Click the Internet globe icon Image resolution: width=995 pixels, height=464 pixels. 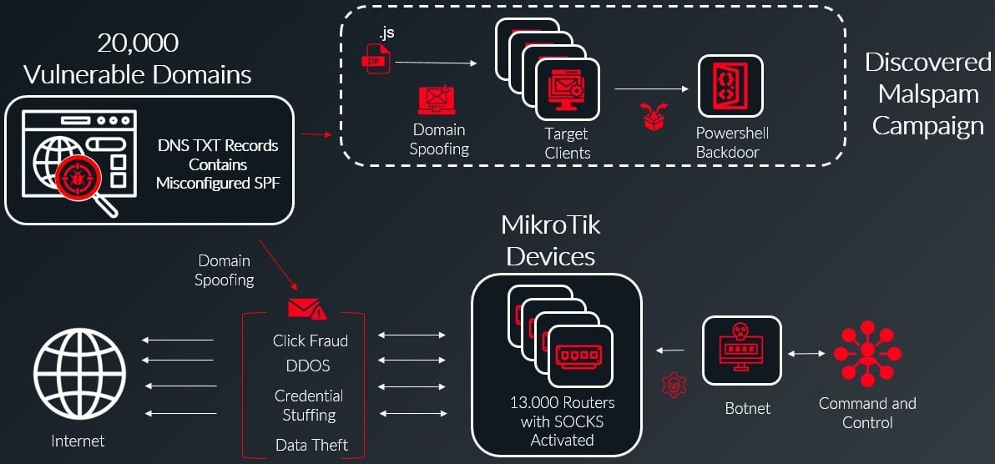79,370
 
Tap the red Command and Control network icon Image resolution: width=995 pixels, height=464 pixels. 867,351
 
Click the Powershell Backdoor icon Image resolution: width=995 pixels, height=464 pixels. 730,87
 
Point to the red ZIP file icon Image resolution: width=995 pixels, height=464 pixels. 376,60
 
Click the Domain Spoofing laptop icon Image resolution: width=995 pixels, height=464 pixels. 439,100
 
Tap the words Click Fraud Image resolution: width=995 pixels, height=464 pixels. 310,340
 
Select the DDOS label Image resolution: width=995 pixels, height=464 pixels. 308,366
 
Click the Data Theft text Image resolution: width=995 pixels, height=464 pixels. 311,445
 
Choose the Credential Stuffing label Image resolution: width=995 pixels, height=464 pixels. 309,405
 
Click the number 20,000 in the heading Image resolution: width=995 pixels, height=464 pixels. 138,43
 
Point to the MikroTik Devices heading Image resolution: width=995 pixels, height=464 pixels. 551,240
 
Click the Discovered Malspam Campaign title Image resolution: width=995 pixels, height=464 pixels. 927,93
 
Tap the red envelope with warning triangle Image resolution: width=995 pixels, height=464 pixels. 306,309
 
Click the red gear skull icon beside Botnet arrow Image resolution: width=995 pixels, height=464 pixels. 672,384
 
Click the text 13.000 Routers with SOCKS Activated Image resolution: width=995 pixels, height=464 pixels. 562,421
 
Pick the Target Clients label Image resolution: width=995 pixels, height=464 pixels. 567,143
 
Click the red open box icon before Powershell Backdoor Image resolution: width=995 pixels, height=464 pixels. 654,117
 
